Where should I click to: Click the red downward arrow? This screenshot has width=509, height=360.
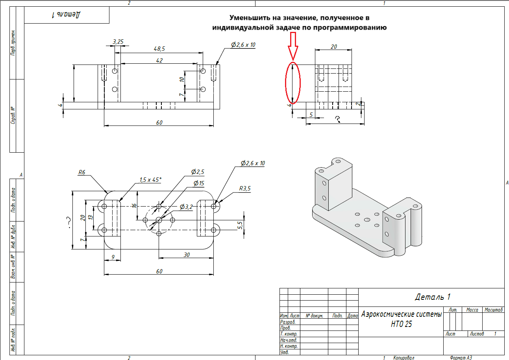click(x=292, y=46)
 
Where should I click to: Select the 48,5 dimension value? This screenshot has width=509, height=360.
click(x=159, y=48)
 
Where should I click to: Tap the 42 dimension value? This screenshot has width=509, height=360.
click(x=159, y=60)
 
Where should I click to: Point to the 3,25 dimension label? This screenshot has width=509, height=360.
click(x=118, y=41)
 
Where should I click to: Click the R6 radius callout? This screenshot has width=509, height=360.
click(x=82, y=172)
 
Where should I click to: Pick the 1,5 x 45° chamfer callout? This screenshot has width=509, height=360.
click(x=150, y=179)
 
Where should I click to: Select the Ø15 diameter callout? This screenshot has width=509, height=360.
click(x=199, y=183)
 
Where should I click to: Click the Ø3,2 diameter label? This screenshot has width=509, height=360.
click(x=186, y=207)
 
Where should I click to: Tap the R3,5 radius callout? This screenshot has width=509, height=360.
click(x=244, y=188)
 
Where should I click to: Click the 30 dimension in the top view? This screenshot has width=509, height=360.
click(x=187, y=255)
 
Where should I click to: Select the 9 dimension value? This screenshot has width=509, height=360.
click(x=113, y=257)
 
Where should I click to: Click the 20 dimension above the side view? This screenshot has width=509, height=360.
click(x=333, y=46)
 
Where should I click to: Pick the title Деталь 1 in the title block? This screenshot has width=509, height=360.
click(x=432, y=297)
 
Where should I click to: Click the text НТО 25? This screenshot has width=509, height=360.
click(x=402, y=325)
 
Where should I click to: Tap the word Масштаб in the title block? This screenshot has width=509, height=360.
click(x=494, y=310)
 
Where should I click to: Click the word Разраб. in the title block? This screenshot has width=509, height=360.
click(x=287, y=322)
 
